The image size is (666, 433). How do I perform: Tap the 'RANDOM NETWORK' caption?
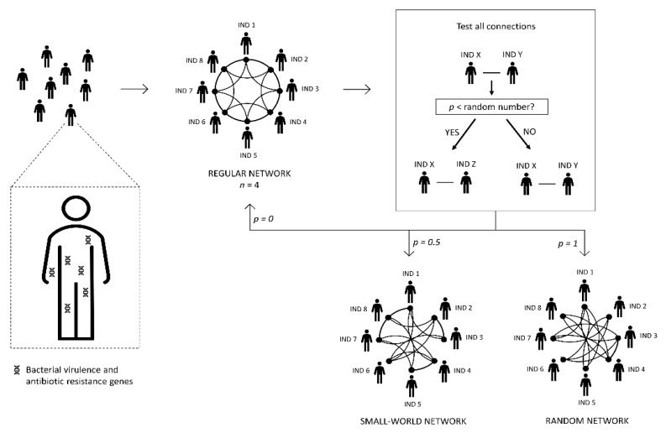point(583,420)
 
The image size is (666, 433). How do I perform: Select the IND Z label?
point(467,163)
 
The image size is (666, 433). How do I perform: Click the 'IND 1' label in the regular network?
point(247,25)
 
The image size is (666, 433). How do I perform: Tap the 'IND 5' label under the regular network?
point(249,155)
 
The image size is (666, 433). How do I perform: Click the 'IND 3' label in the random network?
point(648,335)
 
